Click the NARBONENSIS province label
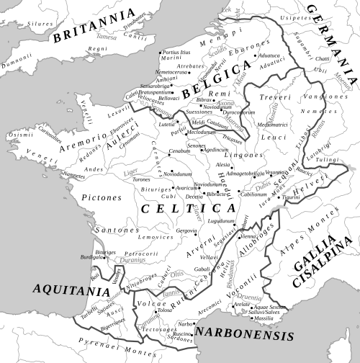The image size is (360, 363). [245, 336]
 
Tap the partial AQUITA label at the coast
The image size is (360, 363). [60, 289]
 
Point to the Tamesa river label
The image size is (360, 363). [107, 37]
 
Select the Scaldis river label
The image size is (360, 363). [216, 51]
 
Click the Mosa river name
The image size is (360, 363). [240, 79]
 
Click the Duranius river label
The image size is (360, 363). [132, 260]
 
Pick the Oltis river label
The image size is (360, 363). [176, 274]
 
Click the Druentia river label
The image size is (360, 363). [252, 296]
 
